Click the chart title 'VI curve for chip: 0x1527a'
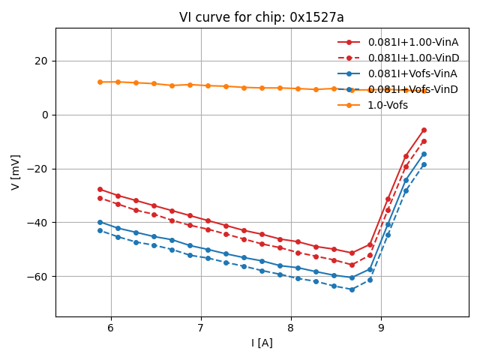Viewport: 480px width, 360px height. [261, 17]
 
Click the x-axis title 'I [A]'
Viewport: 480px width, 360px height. [261, 343]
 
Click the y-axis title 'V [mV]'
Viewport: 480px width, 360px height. [16, 172]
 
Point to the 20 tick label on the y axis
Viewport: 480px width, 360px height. [41, 61]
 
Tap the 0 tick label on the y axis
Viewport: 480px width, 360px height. [45, 115]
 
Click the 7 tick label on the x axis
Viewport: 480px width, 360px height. [201, 328]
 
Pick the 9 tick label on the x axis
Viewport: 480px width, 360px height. [381, 328]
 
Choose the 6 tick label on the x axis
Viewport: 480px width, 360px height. [111, 328]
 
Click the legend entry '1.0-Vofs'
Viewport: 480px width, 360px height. [388, 105]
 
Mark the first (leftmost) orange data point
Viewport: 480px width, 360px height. [100, 82]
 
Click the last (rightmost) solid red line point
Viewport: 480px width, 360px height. [424, 130]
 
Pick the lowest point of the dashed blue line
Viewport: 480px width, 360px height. [352, 289]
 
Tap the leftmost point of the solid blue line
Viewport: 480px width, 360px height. [100, 222]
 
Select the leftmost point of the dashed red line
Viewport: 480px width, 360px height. [100, 198]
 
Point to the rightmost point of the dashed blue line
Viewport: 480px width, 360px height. [424, 164]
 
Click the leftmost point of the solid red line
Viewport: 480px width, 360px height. [100, 189]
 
